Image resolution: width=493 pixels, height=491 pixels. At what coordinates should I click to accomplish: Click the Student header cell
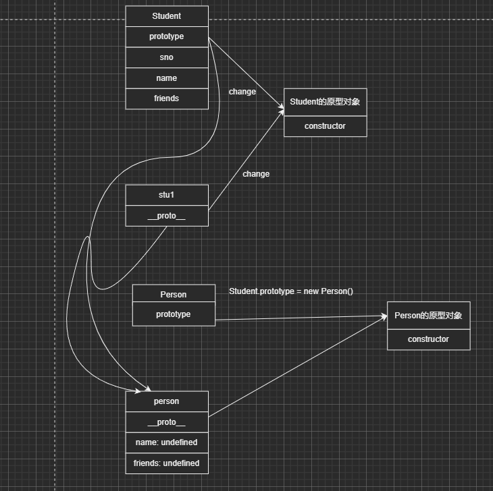[167, 16]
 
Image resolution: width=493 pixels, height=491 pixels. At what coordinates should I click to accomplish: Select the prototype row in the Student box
[167, 36]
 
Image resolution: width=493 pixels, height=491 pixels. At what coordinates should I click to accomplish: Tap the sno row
[167, 57]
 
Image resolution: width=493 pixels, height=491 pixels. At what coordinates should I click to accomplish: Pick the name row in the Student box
[167, 78]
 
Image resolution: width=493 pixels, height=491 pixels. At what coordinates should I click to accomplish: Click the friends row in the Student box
[167, 98]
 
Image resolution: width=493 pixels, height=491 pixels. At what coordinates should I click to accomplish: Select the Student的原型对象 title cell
[325, 102]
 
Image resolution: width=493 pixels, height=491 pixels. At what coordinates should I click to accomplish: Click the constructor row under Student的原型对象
[325, 126]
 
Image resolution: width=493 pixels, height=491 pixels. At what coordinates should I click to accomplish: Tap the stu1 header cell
[167, 195]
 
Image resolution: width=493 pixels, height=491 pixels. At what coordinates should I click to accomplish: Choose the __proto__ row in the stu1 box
[167, 216]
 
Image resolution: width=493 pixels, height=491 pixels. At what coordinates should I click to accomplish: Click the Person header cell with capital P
[174, 294]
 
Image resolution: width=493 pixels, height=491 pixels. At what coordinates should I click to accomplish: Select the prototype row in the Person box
[174, 314]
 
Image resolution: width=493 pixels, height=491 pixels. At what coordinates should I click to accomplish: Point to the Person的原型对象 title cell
[428, 315]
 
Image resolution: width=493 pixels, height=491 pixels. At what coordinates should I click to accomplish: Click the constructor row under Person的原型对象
[428, 339]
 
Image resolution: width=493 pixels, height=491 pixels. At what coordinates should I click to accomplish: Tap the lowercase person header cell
[167, 401]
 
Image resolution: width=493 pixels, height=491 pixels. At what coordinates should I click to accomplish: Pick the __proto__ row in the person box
[167, 422]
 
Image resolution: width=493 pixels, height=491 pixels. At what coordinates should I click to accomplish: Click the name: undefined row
[167, 442]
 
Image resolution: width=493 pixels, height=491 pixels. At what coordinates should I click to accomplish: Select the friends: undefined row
[167, 463]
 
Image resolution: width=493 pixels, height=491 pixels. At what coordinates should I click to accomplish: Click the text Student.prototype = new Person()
[291, 291]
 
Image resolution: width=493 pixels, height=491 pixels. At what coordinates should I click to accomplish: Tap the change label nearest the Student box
[242, 92]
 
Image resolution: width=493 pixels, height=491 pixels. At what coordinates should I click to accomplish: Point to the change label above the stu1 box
[256, 174]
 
